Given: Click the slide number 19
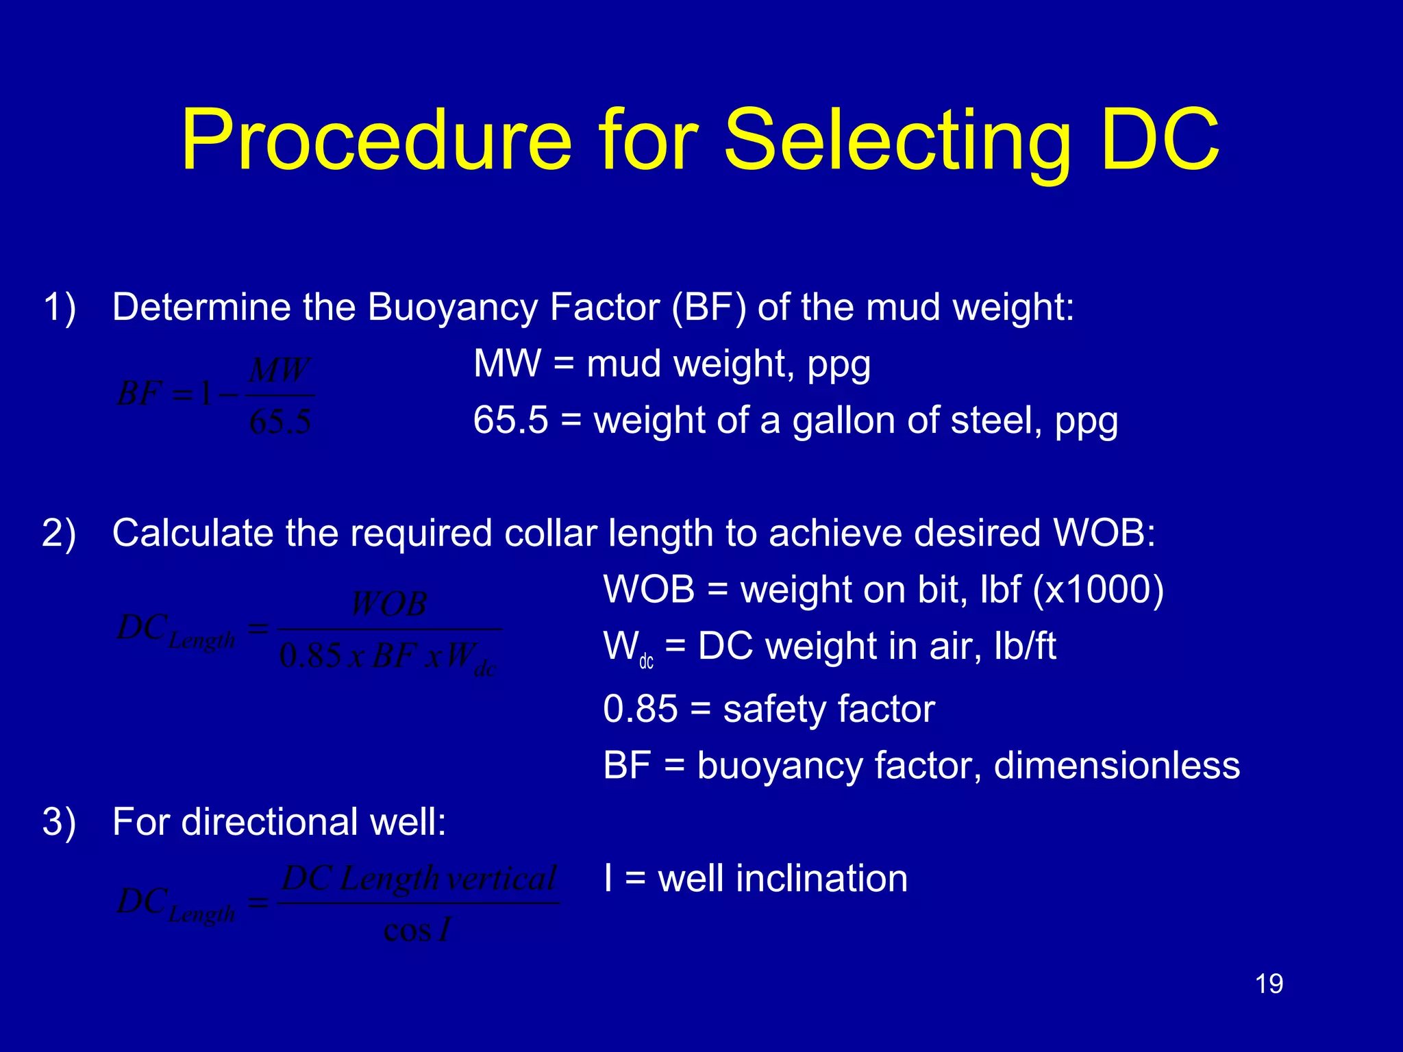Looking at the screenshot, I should click(x=1269, y=984).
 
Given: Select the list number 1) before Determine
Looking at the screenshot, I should click(x=59, y=307).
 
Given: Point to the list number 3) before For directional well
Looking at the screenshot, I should click(x=59, y=822).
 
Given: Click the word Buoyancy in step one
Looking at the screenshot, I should click(x=453, y=307).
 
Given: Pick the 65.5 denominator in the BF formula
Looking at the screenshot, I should click(x=280, y=421).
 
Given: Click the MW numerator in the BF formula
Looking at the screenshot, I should click(x=280, y=371).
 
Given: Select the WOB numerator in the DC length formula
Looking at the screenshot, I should click(x=389, y=604).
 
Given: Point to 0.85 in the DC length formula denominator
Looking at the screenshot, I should click(x=310, y=656).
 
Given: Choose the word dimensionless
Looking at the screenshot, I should click(x=1117, y=765).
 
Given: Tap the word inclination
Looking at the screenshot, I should click(x=821, y=878).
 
